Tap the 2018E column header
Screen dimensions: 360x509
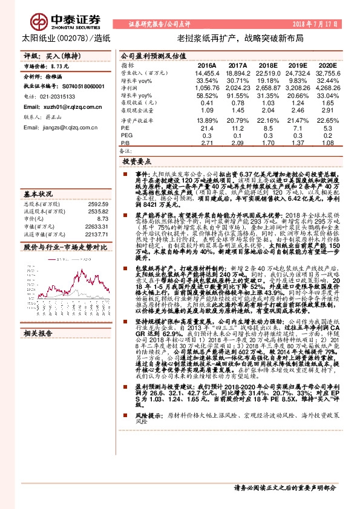coord(267,65)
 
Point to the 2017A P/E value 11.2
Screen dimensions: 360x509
coord(237,128)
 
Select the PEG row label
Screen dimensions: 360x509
coord(126,136)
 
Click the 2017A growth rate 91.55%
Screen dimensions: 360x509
coord(235,96)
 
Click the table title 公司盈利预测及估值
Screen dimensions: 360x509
coord(148,54)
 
